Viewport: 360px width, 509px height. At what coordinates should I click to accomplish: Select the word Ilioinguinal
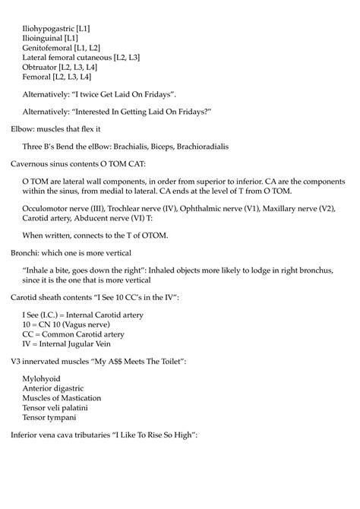coord(42,37)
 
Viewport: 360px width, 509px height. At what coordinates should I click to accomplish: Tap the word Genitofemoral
coord(46,47)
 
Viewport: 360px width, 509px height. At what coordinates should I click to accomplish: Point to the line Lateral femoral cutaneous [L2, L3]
coord(81,57)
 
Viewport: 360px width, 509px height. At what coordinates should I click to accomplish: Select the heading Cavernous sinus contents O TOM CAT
coord(74,163)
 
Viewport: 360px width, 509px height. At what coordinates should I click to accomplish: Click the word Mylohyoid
coord(42,378)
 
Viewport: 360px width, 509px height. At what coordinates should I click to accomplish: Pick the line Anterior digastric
coord(53,388)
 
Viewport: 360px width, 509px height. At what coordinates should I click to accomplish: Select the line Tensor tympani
coord(49,418)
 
